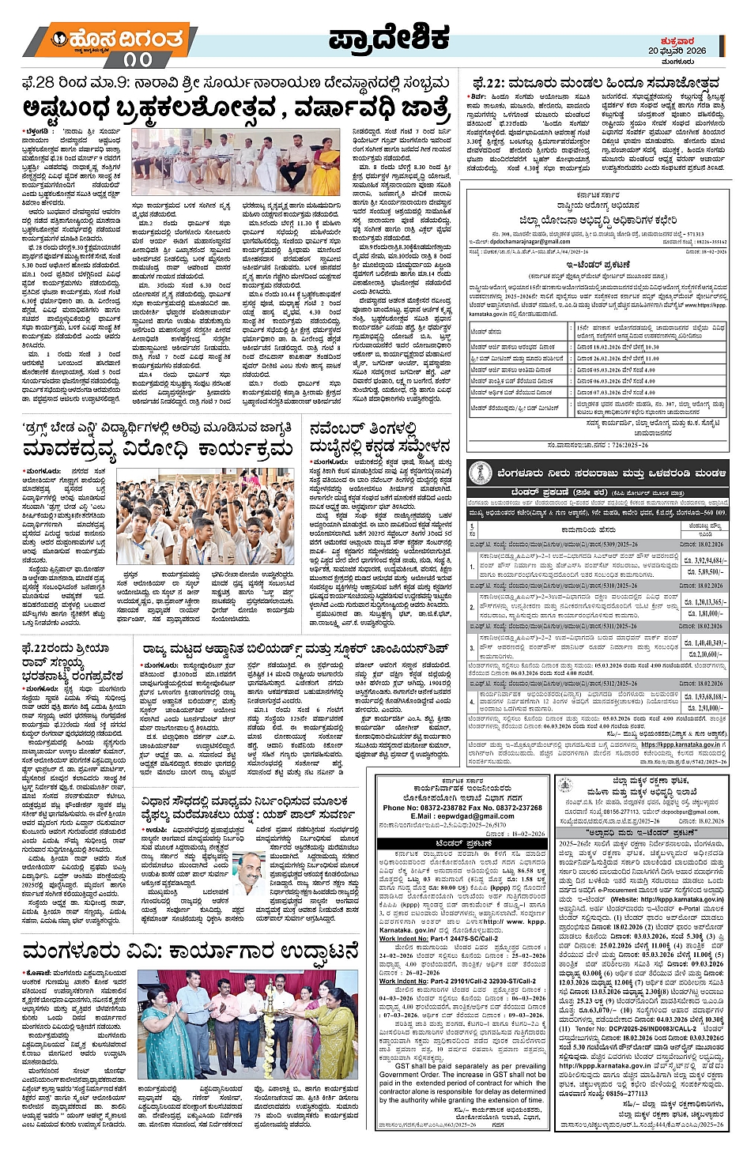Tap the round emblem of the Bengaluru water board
coord(481,473)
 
